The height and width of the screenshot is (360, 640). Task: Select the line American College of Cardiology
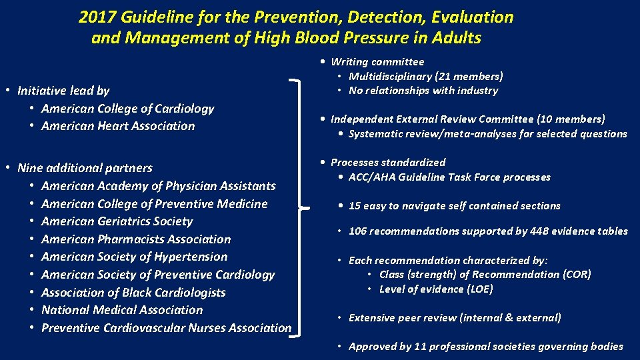127,108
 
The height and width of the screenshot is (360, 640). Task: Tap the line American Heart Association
118,126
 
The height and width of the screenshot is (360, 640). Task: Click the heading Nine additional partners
85,168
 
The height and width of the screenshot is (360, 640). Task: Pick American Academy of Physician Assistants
158,185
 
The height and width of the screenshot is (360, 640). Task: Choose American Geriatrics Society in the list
117,221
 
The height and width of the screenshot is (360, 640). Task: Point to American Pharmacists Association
136,239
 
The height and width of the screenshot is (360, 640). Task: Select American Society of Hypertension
134,257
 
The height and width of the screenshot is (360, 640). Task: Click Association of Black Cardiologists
133,292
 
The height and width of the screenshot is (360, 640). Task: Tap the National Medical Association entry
122,310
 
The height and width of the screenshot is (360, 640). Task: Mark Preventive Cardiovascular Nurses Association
166,328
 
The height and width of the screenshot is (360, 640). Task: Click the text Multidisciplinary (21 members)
426,76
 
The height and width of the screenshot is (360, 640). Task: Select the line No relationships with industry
423,91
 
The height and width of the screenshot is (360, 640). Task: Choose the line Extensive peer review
455,318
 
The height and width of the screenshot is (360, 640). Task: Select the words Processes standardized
388,163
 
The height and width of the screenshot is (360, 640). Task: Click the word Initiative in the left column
41,91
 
